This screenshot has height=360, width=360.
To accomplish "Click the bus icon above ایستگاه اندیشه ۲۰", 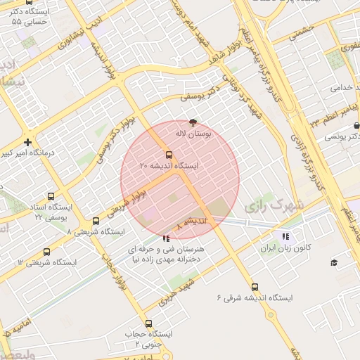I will pyautogui.click(x=169, y=155).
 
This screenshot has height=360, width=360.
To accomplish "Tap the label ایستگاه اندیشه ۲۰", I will pyautogui.click(x=169, y=166).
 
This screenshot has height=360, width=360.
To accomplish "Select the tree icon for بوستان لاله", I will pyautogui.click(x=193, y=122).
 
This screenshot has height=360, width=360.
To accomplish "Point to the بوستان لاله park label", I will pyautogui.click(x=193, y=132).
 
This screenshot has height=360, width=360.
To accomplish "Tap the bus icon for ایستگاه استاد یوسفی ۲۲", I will pyautogui.click(x=50, y=197).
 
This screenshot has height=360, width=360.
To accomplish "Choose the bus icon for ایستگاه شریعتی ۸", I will pyautogui.click(x=96, y=221).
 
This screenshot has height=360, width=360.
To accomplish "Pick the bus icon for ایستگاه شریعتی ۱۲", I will pyautogui.click(x=47, y=252).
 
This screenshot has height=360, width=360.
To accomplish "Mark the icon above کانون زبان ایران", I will pyautogui.click(x=285, y=237).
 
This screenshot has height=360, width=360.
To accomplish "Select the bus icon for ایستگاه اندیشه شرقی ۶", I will pyautogui.click(x=255, y=287).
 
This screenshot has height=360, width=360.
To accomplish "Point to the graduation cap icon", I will pyautogui.click(x=334, y=262).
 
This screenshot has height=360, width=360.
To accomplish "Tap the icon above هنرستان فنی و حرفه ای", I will pyautogui.click(x=166, y=239).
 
